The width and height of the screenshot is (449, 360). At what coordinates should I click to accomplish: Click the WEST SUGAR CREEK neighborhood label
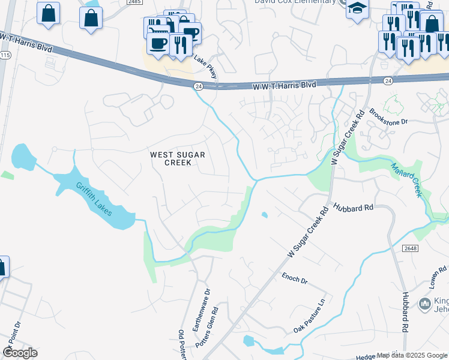tap(178, 158)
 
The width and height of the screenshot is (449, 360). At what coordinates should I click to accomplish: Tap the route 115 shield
tap(5, 55)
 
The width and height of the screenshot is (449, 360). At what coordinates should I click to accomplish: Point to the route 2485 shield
tap(134, 2)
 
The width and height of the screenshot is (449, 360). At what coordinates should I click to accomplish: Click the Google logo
tap(20, 353)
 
